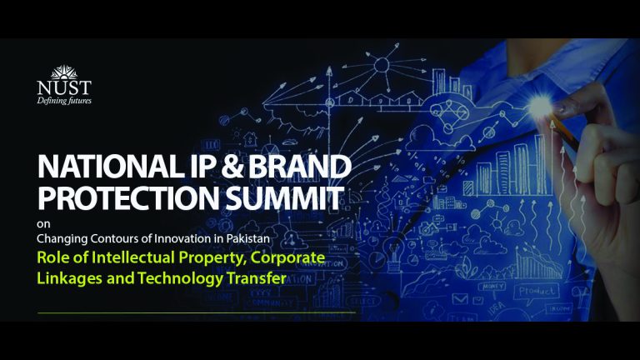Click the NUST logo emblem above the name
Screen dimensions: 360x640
tap(64, 72)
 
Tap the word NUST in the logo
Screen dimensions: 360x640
tap(64, 87)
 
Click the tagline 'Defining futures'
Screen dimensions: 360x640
tap(64, 101)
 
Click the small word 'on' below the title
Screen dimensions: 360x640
tap(42, 224)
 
